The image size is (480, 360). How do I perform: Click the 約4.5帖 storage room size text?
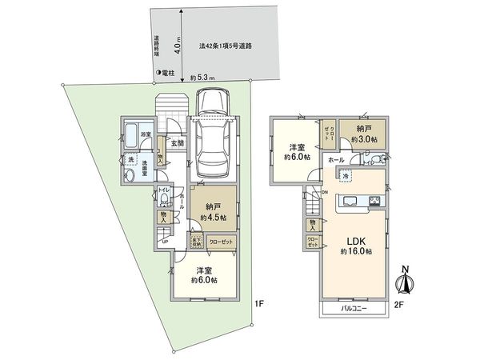(x=214, y=216)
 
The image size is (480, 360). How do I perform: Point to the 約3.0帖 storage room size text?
(x=362, y=141)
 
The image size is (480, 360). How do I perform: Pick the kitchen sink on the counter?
(x=350, y=200)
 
